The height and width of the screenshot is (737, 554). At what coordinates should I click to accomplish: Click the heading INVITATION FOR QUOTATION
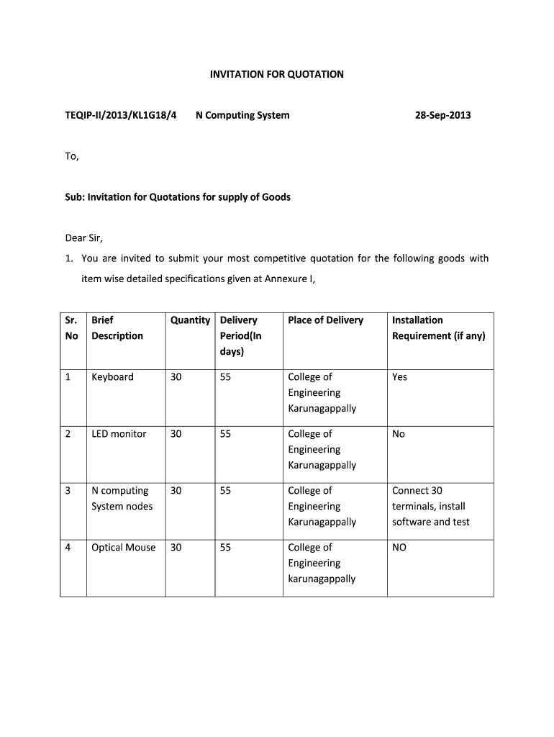click(x=276, y=74)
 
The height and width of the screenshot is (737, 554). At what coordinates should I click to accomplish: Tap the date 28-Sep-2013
click(x=443, y=115)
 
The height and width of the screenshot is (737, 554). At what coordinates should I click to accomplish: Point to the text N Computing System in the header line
click(x=242, y=115)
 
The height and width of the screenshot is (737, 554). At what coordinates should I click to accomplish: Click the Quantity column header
click(x=190, y=320)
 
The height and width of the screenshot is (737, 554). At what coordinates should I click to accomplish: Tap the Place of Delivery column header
click(x=325, y=320)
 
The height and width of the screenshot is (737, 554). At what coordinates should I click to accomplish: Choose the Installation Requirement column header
click(x=438, y=328)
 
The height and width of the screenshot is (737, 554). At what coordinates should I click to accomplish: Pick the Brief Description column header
click(x=117, y=328)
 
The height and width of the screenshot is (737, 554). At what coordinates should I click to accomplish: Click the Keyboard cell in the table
click(x=112, y=377)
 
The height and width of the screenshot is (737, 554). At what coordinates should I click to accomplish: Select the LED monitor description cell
click(x=119, y=434)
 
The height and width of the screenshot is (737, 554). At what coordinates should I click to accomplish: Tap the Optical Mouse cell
click(x=123, y=548)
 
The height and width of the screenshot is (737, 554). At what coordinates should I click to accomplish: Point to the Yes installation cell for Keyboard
click(x=399, y=377)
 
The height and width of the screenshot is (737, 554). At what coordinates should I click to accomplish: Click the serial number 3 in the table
click(x=68, y=491)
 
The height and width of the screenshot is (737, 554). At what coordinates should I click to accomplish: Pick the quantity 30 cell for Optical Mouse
click(x=176, y=548)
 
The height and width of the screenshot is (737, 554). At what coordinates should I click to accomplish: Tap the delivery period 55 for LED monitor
click(x=225, y=434)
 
